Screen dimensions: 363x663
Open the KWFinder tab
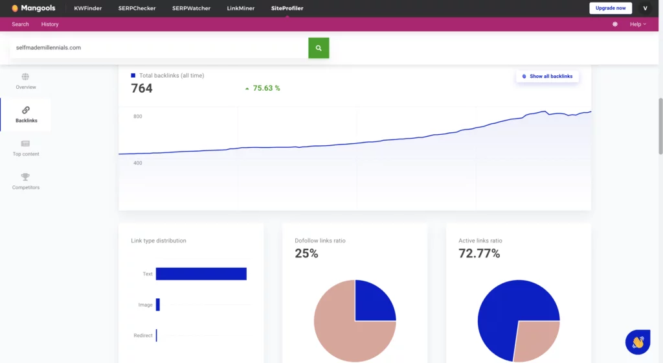point(88,8)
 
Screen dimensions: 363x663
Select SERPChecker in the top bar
point(137,8)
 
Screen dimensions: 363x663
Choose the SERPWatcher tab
point(191,8)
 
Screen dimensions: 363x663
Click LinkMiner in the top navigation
point(241,8)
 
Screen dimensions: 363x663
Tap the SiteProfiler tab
point(287,8)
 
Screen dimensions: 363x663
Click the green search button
point(319,48)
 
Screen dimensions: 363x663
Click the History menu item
point(50,24)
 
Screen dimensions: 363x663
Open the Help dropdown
point(638,24)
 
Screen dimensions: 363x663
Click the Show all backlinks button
point(547,76)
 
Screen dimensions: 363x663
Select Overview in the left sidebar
point(26,81)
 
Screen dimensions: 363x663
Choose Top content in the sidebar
point(26,148)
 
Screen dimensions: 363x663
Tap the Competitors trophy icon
point(25,176)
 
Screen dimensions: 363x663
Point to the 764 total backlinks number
point(142,88)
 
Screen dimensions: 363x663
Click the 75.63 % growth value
point(266,88)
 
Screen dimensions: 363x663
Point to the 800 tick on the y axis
point(137,117)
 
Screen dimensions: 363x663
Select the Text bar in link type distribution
point(201,274)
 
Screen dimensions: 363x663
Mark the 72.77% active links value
point(479,253)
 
